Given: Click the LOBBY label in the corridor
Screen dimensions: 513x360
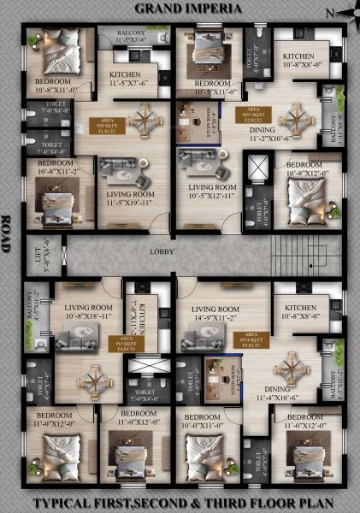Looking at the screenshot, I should point(162,252).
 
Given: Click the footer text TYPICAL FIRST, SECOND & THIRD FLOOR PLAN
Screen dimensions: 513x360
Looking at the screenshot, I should point(180,504).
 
